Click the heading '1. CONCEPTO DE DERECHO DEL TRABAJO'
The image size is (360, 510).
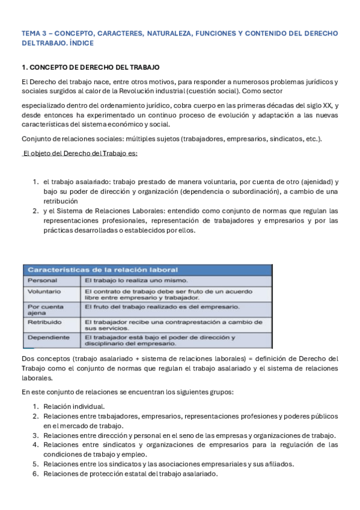pos(90,67)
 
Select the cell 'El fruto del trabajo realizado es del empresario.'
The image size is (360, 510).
pos(162,306)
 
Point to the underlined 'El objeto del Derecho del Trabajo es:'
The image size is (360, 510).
pos(79,153)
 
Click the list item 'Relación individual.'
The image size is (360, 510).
pos(74,406)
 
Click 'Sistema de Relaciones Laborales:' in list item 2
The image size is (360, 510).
pos(111,210)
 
